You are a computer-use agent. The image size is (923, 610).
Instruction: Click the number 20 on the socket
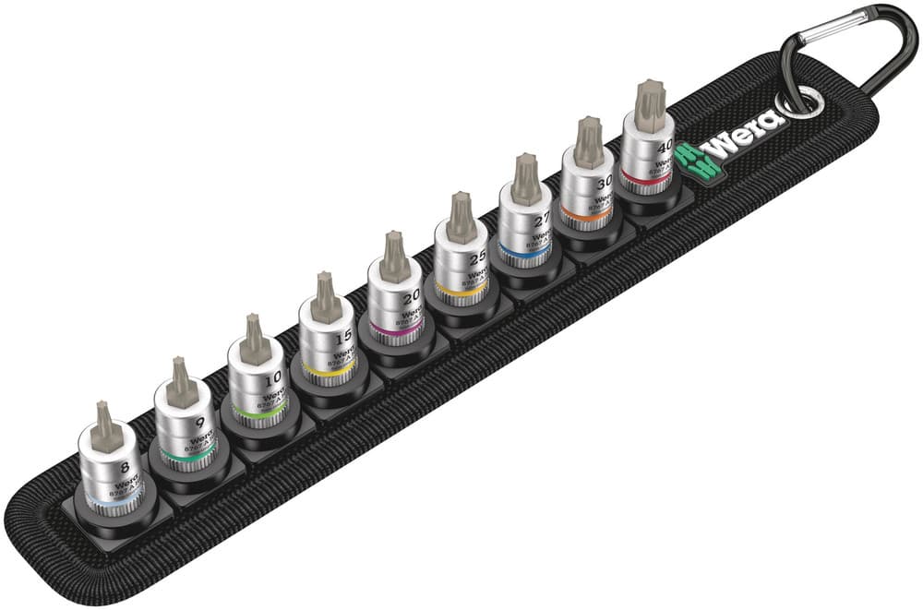tap(411, 295)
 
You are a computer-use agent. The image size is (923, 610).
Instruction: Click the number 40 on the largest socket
tap(665, 147)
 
